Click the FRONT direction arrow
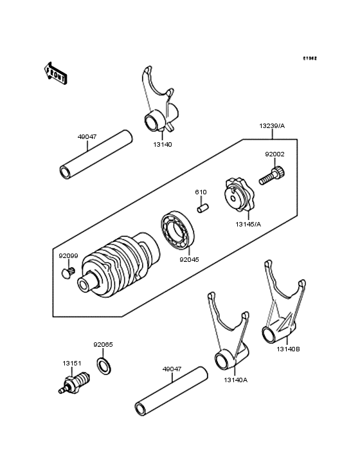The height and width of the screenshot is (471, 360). (57, 73)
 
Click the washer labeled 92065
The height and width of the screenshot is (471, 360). (102, 367)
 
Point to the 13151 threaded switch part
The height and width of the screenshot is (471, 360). (76, 382)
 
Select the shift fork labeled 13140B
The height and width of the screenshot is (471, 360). (280, 309)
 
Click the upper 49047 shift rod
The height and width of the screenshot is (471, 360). (96, 156)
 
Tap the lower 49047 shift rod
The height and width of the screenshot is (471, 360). (172, 392)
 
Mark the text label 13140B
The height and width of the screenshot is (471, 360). (288, 349)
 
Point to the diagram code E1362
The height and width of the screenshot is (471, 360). (310, 59)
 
